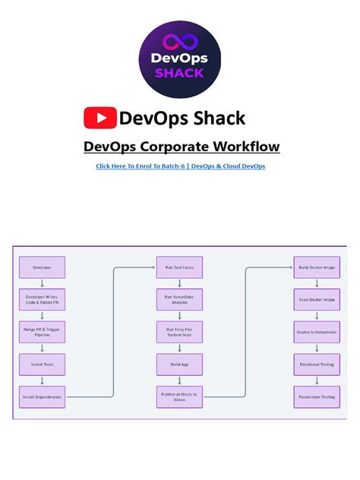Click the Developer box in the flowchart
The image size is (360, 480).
(x=42, y=267)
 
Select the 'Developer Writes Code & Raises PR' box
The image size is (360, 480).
(x=42, y=299)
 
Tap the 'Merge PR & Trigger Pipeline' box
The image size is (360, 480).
(x=42, y=332)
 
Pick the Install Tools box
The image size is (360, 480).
(x=42, y=364)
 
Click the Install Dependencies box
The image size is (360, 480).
(x=42, y=396)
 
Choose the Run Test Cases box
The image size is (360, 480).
(x=179, y=267)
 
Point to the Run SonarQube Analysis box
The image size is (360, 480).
(x=179, y=299)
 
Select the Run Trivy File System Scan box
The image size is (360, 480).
(x=179, y=332)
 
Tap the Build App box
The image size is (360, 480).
(x=179, y=364)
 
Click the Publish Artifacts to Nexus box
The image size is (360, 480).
(x=179, y=396)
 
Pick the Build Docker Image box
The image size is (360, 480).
(x=316, y=267)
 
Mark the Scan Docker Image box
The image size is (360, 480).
(x=316, y=299)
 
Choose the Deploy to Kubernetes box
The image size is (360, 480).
(x=316, y=332)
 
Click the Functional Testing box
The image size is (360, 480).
(x=316, y=364)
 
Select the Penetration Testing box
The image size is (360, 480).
(x=316, y=396)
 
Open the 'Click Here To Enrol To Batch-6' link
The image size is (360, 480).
(x=180, y=166)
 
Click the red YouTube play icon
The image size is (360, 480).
(x=99, y=118)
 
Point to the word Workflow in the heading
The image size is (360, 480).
(x=241, y=147)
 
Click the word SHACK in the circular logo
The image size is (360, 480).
(x=180, y=73)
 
